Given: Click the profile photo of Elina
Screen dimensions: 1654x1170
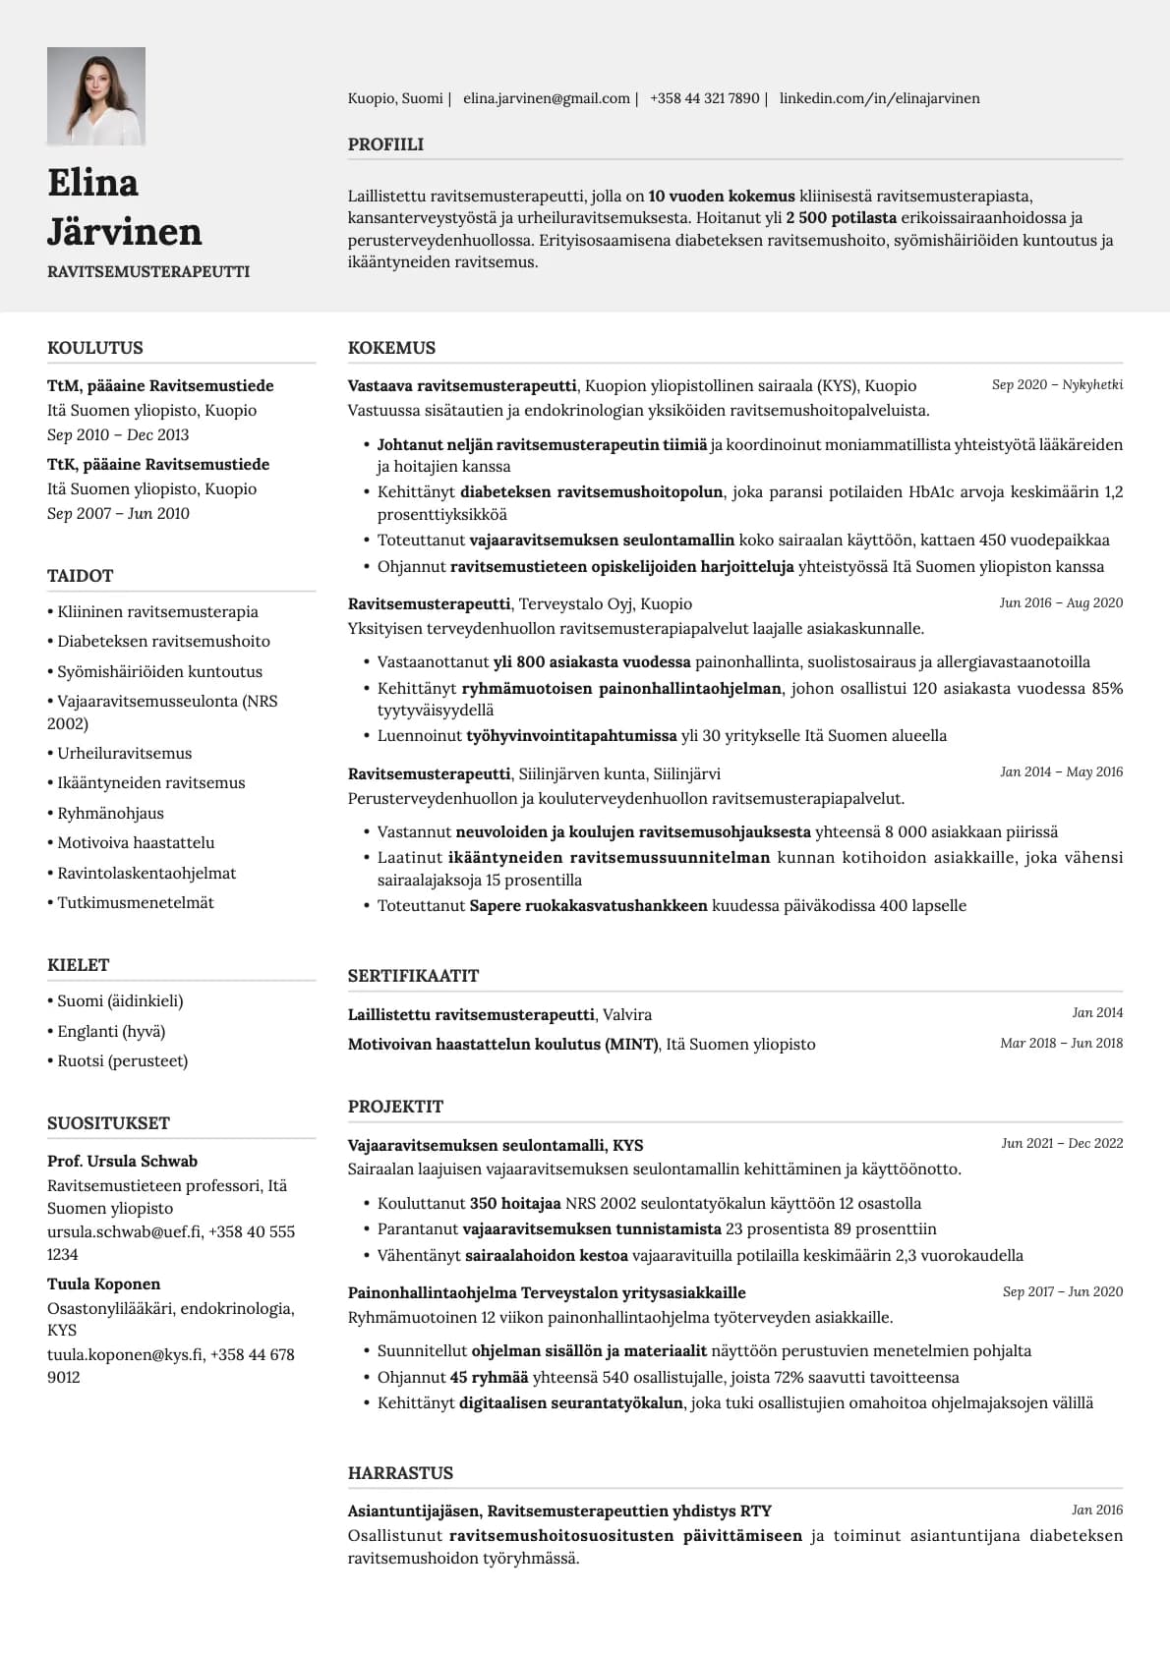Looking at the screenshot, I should click(x=96, y=96).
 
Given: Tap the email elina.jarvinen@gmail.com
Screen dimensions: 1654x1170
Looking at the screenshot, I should click(x=546, y=98).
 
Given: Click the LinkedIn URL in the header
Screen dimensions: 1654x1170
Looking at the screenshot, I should click(x=879, y=98).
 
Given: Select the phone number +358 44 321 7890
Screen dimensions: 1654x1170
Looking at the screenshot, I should click(x=704, y=98).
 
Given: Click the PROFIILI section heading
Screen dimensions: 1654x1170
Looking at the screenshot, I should click(x=385, y=144).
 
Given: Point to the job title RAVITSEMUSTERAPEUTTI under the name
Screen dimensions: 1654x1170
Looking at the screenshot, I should click(x=148, y=271).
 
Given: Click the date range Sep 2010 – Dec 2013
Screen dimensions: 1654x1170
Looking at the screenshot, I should click(x=118, y=434).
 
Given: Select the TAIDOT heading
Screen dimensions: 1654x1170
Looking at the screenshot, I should click(x=80, y=576).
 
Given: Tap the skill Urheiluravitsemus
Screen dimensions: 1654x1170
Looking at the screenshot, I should click(x=124, y=753).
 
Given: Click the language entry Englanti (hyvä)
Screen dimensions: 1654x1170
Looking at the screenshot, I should click(x=111, y=1031).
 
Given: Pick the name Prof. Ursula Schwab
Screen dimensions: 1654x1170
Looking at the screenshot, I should click(x=122, y=1161).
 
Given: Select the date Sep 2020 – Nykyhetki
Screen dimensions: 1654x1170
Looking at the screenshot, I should click(x=1057, y=384).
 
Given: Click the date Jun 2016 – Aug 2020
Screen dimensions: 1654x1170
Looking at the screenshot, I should click(x=1061, y=602).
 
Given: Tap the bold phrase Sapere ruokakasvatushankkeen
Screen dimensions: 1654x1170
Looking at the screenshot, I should click(x=588, y=905).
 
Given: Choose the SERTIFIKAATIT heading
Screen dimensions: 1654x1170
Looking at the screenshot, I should click(x=413, y=976).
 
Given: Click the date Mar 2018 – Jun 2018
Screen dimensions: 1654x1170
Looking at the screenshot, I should click(x=1061, y=1043).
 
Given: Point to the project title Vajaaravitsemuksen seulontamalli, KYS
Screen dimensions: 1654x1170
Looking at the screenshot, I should click(x=496, y=1145).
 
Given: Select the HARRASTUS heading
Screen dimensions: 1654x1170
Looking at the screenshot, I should click(x=400, y=1473).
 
